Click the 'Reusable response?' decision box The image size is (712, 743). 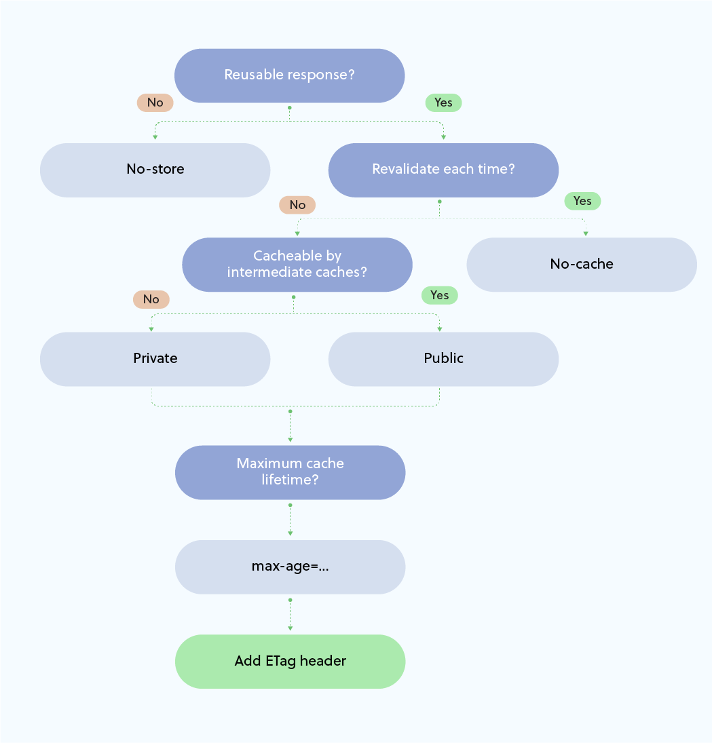(290, 75)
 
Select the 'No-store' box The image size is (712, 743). (155, 170)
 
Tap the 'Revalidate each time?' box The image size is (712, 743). (443, 170)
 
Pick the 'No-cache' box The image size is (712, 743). (582, 265)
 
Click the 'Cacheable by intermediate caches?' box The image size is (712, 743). (297, 265)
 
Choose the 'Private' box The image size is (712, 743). (155, 359)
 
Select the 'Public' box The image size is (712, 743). (443, 359)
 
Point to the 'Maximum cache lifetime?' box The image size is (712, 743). (290, 472)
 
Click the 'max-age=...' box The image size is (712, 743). (290, 567)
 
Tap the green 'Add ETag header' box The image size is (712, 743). (290, 662)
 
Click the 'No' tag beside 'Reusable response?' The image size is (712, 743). (155, 102)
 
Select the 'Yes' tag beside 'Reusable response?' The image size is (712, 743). (443, 102)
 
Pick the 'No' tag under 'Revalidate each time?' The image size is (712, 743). (297, 205)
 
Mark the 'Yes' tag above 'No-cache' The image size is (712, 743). (582, 201)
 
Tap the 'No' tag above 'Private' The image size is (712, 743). (151, 299)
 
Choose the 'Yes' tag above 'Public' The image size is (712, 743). (439, 295)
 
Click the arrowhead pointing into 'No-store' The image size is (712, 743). (155, 137)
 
